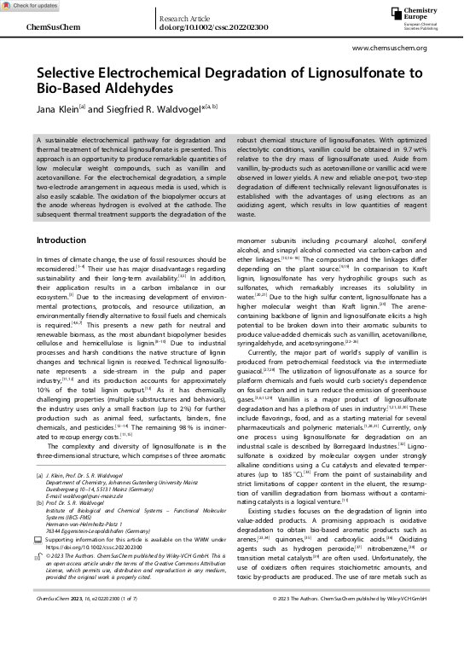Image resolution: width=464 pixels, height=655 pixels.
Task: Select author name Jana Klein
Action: pos(57,109)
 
